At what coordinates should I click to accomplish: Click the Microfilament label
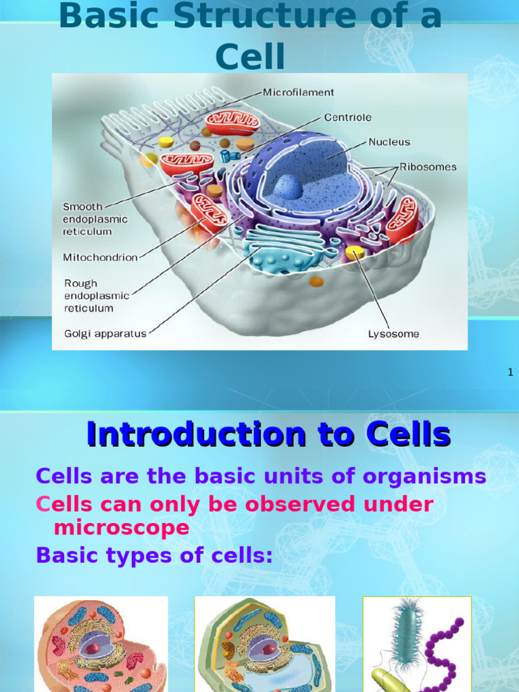[x=298, y=92]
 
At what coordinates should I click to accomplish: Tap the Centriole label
[x=347, y=117]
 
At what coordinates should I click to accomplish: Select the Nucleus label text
[x=389, y=142]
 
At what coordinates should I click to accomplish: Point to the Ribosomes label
[x=428, y=166]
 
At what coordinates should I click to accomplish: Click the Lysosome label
[x=393, y=334]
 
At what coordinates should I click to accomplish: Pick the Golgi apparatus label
[x=105, y=334]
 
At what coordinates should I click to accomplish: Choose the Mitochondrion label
[x=100, y=257]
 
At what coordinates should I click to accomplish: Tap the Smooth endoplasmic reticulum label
[x=95, y=219]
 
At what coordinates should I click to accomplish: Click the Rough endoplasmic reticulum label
[x=96, y=295]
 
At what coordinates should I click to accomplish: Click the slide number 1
[x=510, y=372]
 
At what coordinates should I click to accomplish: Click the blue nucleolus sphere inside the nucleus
[x=288, y=187]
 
